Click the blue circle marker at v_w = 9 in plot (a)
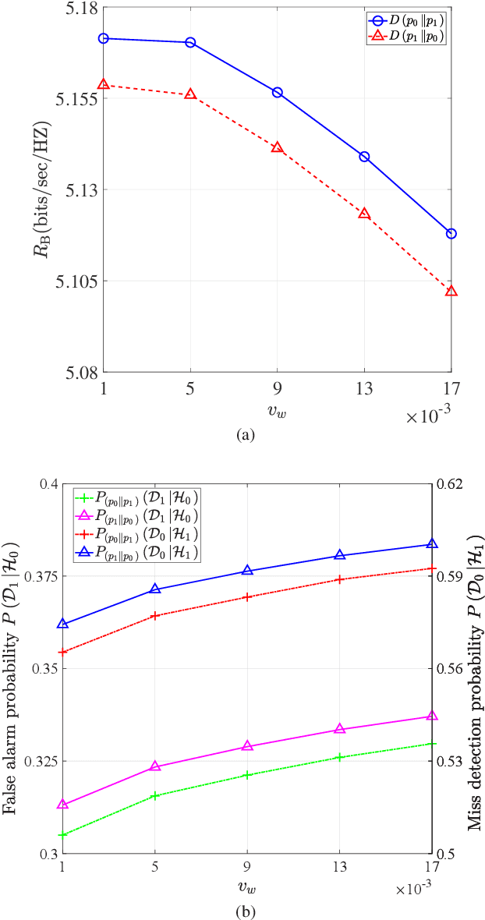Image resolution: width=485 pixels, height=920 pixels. click(x=277, y=92)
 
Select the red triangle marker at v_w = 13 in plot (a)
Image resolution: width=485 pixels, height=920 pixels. click(x=364, y=214)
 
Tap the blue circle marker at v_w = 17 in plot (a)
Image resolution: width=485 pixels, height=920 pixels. click(x=451, y=234)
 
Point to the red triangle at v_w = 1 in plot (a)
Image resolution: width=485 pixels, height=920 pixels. click(x=104, y=84)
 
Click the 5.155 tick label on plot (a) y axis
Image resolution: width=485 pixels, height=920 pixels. click(x=76, y=99)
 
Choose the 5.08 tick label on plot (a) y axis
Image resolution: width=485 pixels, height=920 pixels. click(x=80, y=372)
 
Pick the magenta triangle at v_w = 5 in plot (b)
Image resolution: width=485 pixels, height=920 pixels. click(x=155, y=766)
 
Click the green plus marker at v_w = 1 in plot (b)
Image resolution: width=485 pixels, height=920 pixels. click(x=63, y=835)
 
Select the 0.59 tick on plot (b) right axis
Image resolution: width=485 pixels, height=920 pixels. click(x=451, y=576)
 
